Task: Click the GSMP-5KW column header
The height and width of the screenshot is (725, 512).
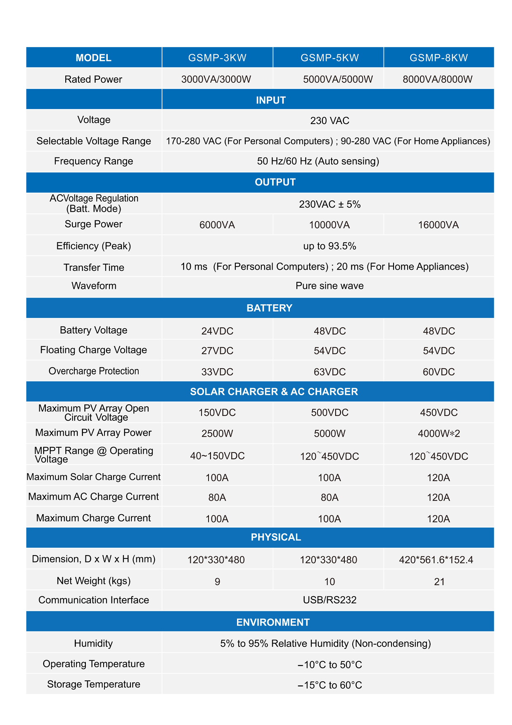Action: (329, 58)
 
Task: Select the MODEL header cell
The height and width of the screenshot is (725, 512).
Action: (93, 58)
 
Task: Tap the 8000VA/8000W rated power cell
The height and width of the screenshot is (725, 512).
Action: (438, 79)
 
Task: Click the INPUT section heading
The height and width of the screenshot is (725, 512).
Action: (271, 100)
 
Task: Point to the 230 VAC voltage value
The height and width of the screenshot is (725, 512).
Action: (329, 121)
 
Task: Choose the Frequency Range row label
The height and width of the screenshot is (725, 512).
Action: (93, 161)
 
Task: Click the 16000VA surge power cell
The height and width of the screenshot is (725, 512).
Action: (439, 225)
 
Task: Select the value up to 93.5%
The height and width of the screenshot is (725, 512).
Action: (329, 246)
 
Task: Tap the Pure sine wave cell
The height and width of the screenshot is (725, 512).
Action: (329, 286)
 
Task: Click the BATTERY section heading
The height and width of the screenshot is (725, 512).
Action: (269, 308)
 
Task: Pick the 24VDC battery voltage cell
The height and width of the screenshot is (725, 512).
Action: (217, 331)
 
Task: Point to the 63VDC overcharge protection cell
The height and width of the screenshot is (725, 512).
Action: (329, 372)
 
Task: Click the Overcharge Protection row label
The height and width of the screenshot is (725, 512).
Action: (94, 371)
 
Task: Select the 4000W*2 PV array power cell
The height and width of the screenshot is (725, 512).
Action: (439, 434)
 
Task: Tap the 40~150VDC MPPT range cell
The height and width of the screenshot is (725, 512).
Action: (217, 456)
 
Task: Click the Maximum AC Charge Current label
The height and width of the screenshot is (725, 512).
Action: (93, 497)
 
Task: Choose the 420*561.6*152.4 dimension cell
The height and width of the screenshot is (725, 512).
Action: (436, 560)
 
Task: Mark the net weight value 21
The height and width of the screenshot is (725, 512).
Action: (439, 582)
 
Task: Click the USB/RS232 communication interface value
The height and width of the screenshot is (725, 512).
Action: (329, 600)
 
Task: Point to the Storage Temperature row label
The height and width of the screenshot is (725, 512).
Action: (94, 684)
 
